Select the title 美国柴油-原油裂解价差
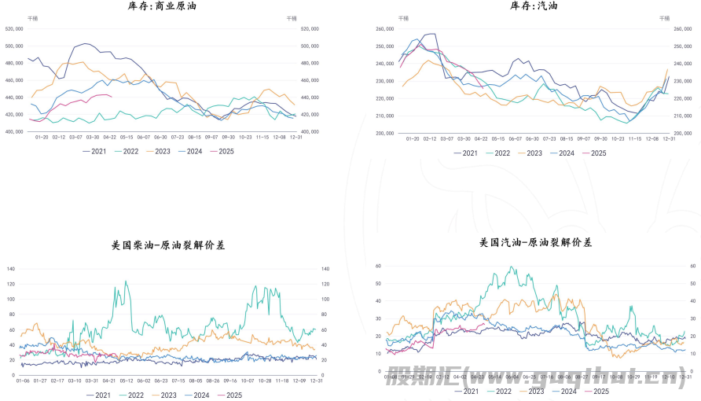[168, 245]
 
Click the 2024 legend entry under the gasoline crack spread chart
[563, 391]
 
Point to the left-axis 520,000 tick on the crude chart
[14, 28]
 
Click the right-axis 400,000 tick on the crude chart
[310, 131]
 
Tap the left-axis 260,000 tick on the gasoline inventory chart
[384, 29]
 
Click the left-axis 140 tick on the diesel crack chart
[11, 269]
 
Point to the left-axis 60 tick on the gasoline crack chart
[378, 267]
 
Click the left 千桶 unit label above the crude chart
[31, 17]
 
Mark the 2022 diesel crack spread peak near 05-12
[126, 281]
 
